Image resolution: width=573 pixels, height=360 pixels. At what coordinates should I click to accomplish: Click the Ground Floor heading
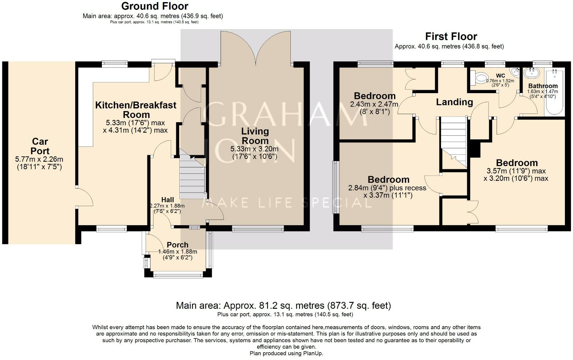[155, 6]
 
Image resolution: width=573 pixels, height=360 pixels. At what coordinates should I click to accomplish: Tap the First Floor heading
[451, 37]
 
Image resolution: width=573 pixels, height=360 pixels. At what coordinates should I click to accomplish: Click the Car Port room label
[40, 146]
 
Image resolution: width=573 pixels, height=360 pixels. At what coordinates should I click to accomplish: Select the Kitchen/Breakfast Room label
[136, 110]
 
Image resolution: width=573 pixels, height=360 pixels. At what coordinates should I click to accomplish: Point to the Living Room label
[255, 136]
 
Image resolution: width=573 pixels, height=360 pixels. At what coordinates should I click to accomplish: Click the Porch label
[178, 245]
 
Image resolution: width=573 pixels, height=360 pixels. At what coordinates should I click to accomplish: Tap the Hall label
[168, 200]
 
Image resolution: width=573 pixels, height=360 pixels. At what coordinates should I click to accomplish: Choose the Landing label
[454, 102]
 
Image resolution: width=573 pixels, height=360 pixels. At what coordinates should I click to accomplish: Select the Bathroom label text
[543, 86]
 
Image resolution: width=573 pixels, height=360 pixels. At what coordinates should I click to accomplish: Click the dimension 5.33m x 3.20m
[254, 149]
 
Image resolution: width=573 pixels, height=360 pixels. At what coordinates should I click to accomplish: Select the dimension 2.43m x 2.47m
[374, 105]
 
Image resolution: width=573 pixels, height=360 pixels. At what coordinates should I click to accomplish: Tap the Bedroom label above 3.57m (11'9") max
[517, 163]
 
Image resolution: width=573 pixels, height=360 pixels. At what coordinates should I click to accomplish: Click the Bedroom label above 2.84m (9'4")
[388, 179]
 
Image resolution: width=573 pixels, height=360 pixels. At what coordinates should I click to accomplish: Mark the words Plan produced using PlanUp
[286, 353]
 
